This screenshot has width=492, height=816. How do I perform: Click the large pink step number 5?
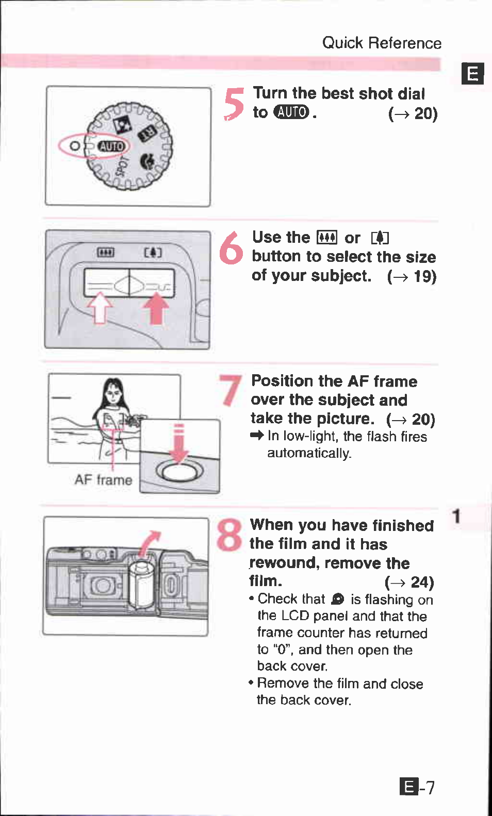pyautogui.click(x=234, y=103)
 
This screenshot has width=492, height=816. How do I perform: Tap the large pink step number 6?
pyautogui.click(x=231, y=248)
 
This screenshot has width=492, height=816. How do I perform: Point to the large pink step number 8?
pyautogui.click(x=229, y=534)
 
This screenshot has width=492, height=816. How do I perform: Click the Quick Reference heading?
pyautogui.click(x=382, y=43)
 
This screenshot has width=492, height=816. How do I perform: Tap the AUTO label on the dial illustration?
pyautogui.click(x=112, y=146)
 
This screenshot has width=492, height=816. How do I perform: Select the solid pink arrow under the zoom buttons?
pyautogui.click(x=156, y=310)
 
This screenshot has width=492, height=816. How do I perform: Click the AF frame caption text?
pyautogui.click(x=103, y=480)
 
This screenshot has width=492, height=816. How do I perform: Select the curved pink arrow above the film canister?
pyautogui.click(x=150, y=543)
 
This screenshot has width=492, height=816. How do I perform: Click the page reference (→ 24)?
pyautogui.click(x=409, y=582)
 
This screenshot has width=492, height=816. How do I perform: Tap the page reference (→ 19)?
pyautogui.click(x=412, y=277)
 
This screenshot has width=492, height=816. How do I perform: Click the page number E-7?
pyautogui.click(x=417, y=787)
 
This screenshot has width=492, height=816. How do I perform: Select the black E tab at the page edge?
pyautogui.click(x=472, y=74)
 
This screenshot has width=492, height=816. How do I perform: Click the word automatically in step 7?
pyautogui.click(x=309, y=453)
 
